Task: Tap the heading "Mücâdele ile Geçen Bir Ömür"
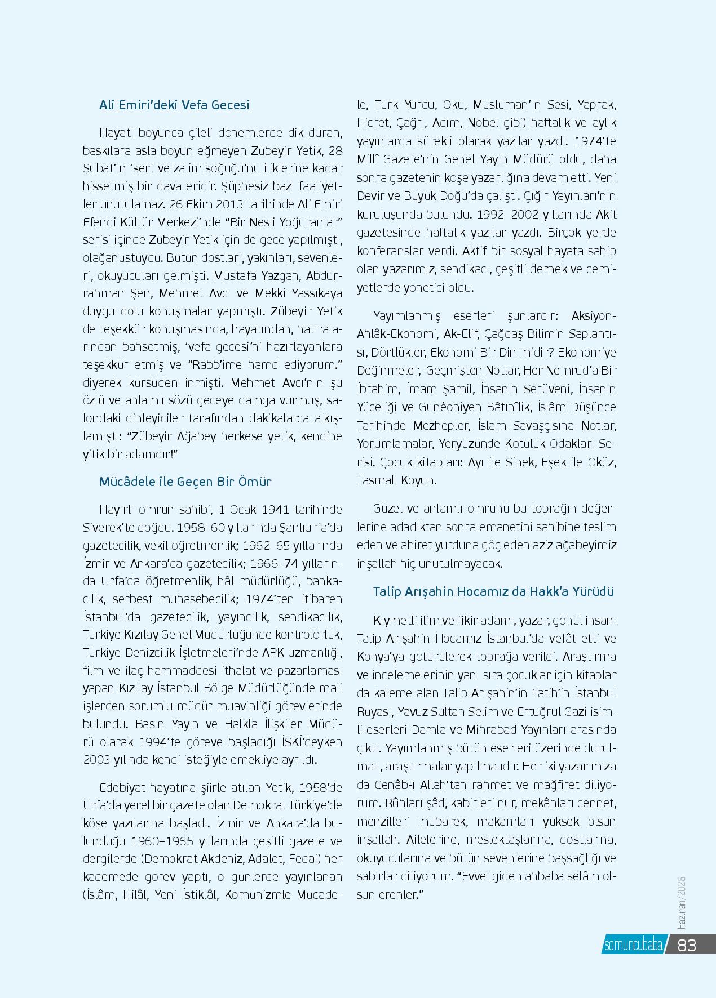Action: click(x=185, y=482)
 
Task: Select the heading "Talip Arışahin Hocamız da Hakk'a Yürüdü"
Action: click(x=493, y=592)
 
